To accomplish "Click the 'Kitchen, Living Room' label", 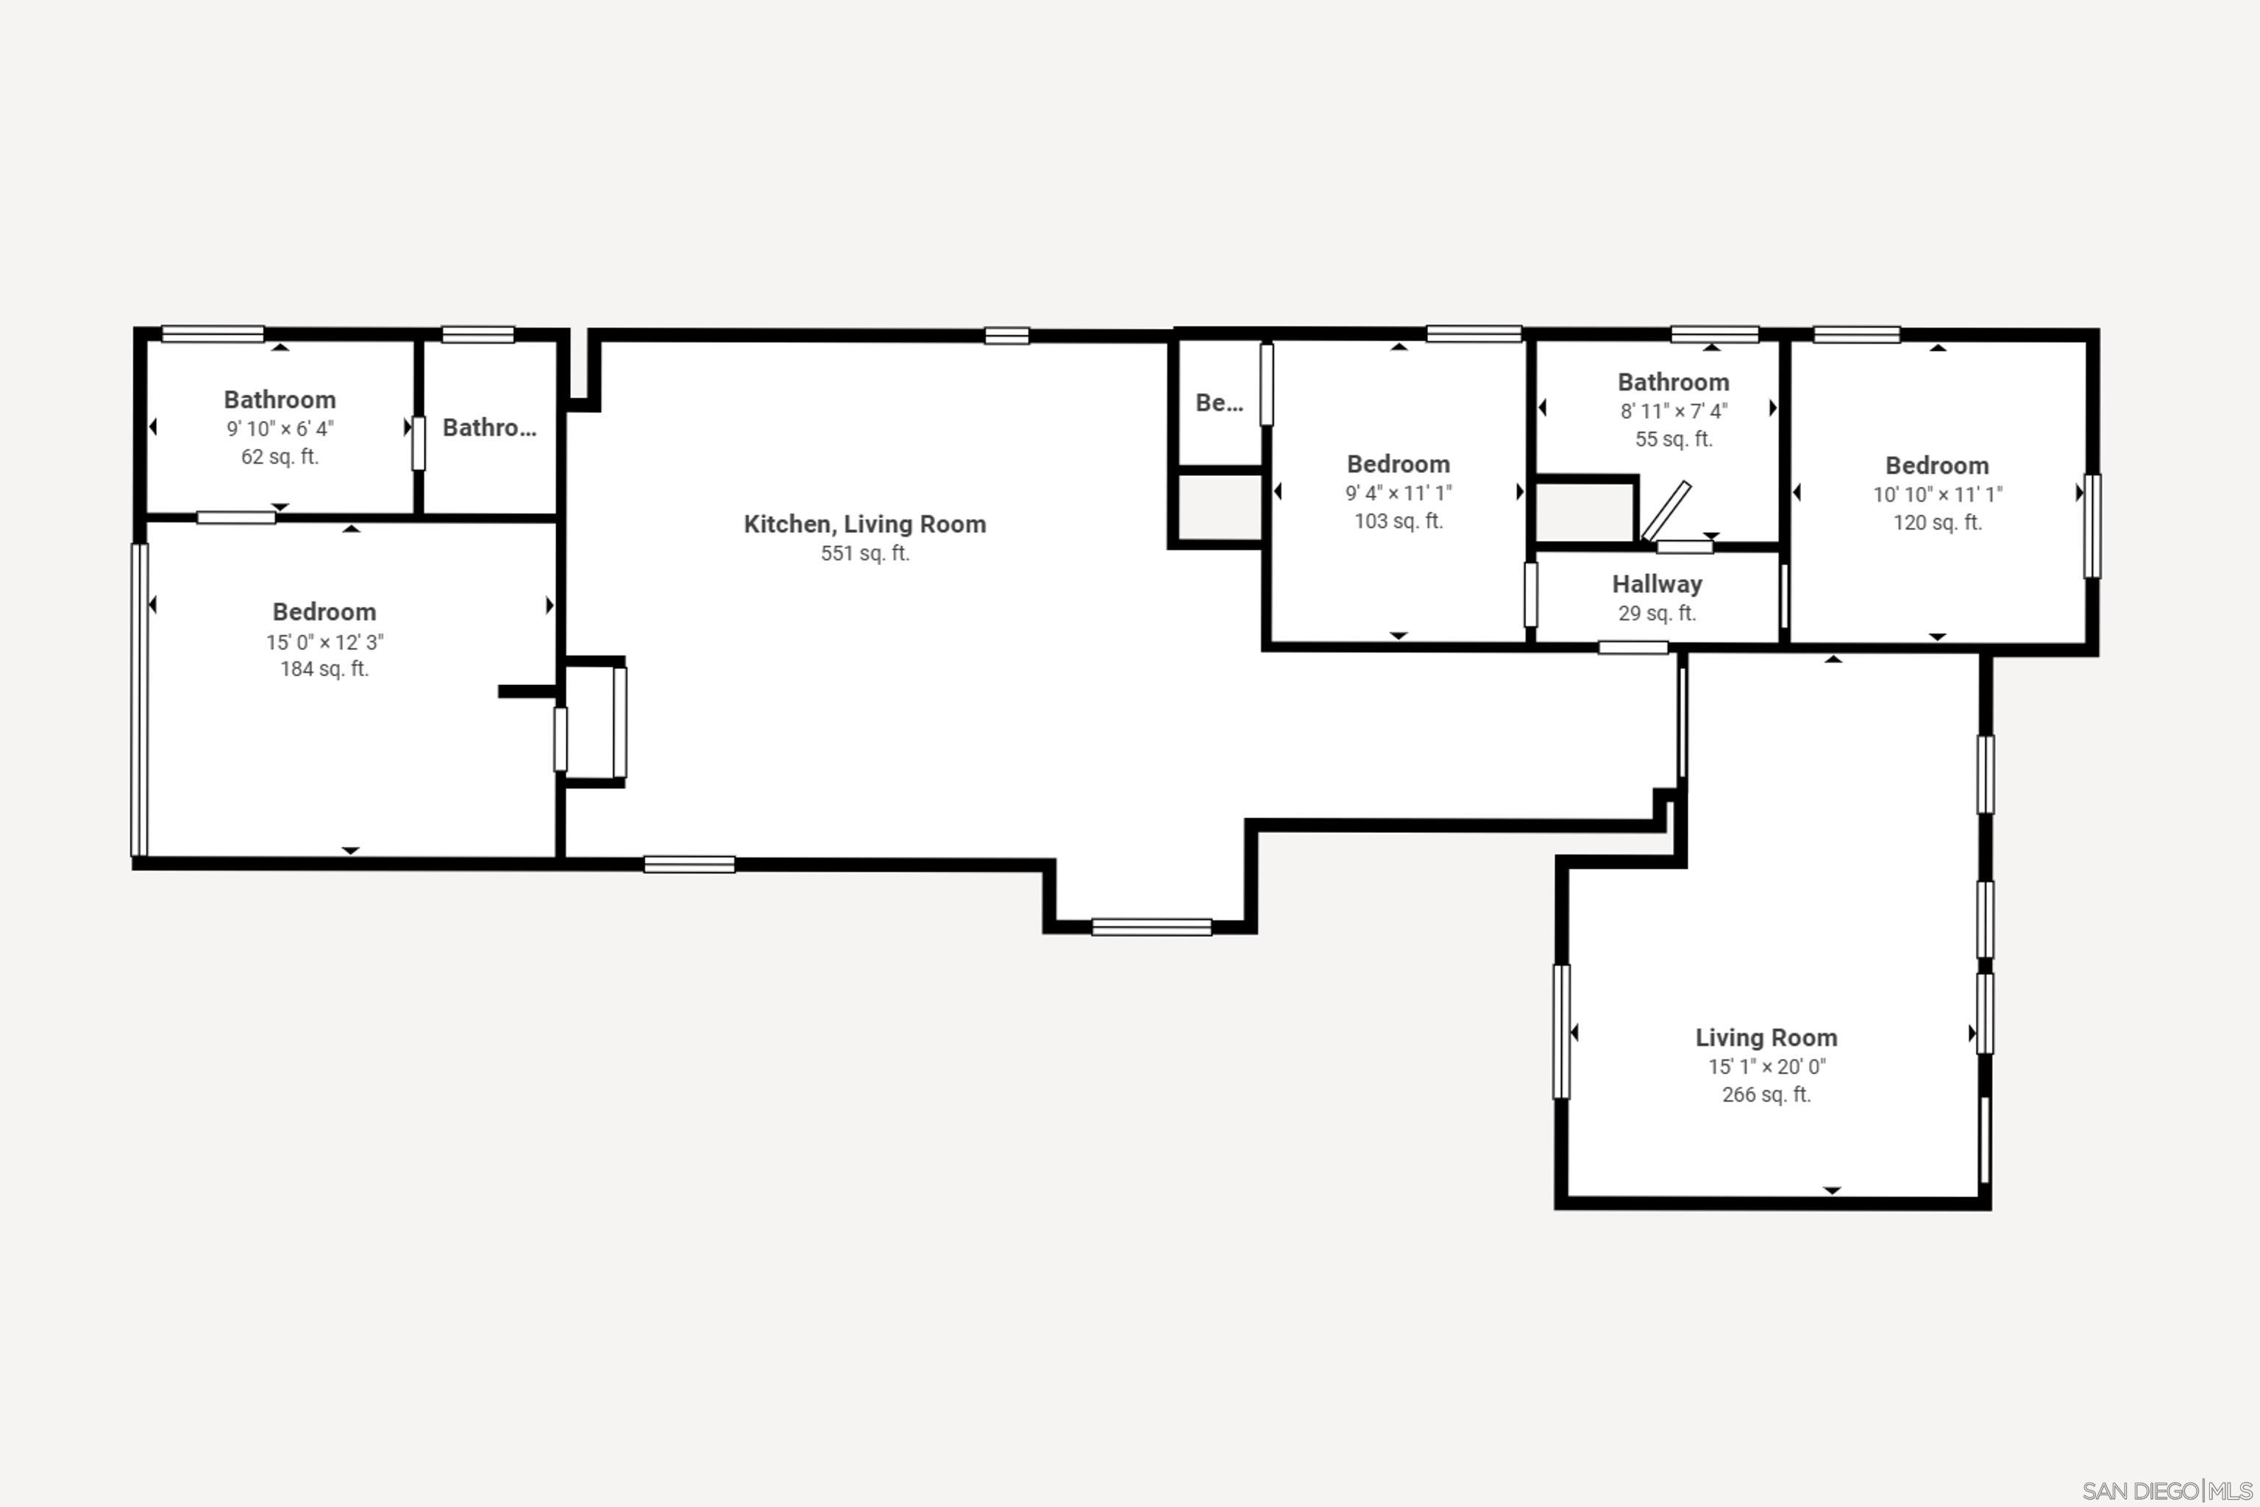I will point(865,524).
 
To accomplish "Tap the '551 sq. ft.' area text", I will point(865,553).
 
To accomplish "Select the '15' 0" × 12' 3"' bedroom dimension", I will point(324,642).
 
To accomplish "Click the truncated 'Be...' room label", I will point(1218,403).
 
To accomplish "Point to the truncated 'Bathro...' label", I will point(489,428).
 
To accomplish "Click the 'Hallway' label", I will point(1657,584).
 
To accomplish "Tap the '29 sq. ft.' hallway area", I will point(1657,613).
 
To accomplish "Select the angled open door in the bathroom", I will point(1666,511).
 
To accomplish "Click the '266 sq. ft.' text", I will point(1766,1095).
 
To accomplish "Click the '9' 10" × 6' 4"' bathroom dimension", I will point(280,429).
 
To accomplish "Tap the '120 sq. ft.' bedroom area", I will point(1937,523).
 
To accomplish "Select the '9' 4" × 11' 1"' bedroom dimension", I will point(1398,493).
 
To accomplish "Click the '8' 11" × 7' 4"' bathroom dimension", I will point(1674,411).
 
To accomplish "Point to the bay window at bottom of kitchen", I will point(1151,927).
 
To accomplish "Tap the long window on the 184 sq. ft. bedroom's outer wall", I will point(139,700).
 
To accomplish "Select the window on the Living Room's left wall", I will point(1561,1031).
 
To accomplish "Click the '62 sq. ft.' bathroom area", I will point(280,456).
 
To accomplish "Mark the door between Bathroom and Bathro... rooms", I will point(418,443).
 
